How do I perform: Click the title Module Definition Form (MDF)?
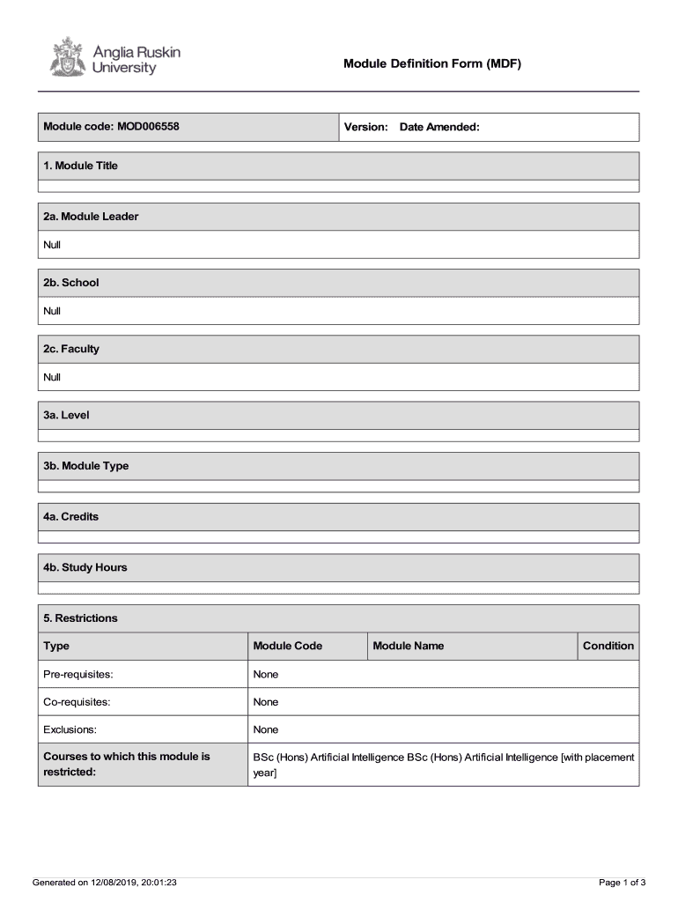[x=432, y=64]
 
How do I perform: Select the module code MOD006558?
[x=147, y=127]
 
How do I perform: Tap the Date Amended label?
[x=439, y=127]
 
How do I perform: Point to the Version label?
[x=365, y=127]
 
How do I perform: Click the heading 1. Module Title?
[x=80, y=166]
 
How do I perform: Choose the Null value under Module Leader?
[x=52, y=245]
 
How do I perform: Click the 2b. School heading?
[x=71, y=283]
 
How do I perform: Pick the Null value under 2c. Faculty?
[x=52, y=377]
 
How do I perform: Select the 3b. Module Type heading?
[x=85, y=466]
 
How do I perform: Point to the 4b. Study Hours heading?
[x=85, y=567]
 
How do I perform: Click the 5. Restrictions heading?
[x=80, y=618]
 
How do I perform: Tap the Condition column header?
[x=608, y=646]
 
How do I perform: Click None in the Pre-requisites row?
[x=265, y=674]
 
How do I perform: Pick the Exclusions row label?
[x=70, y=729]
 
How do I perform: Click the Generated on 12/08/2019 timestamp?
[x=105, y=882]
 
